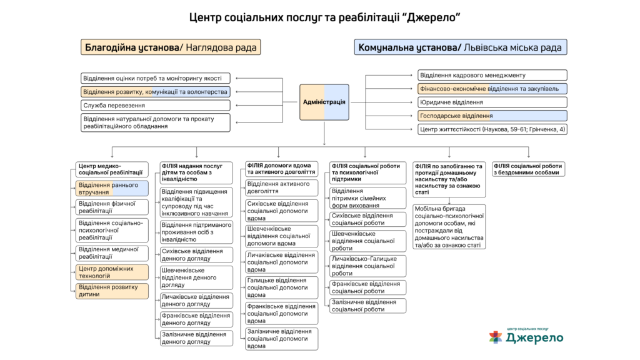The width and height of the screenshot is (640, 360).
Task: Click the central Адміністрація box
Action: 324,101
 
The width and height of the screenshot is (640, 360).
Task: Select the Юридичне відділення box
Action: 492,102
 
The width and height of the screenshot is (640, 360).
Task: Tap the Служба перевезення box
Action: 155,105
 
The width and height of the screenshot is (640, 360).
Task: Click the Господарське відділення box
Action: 492,116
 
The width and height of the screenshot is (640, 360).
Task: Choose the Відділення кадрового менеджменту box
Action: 492,75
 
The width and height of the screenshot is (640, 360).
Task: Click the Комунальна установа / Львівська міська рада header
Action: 460,47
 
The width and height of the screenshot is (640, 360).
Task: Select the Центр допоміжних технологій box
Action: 112,272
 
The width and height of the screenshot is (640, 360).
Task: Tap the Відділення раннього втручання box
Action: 112,188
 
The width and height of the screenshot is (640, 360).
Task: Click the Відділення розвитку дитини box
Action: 112,291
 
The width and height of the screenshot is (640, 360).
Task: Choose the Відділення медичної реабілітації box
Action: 112,252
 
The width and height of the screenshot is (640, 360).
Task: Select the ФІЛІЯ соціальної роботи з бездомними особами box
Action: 529,169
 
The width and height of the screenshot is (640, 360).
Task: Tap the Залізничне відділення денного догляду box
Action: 196,338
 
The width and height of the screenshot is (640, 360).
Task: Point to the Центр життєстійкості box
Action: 492,129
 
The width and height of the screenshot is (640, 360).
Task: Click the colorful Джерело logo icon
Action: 496,337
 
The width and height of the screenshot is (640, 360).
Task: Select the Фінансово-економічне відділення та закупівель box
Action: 492,89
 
